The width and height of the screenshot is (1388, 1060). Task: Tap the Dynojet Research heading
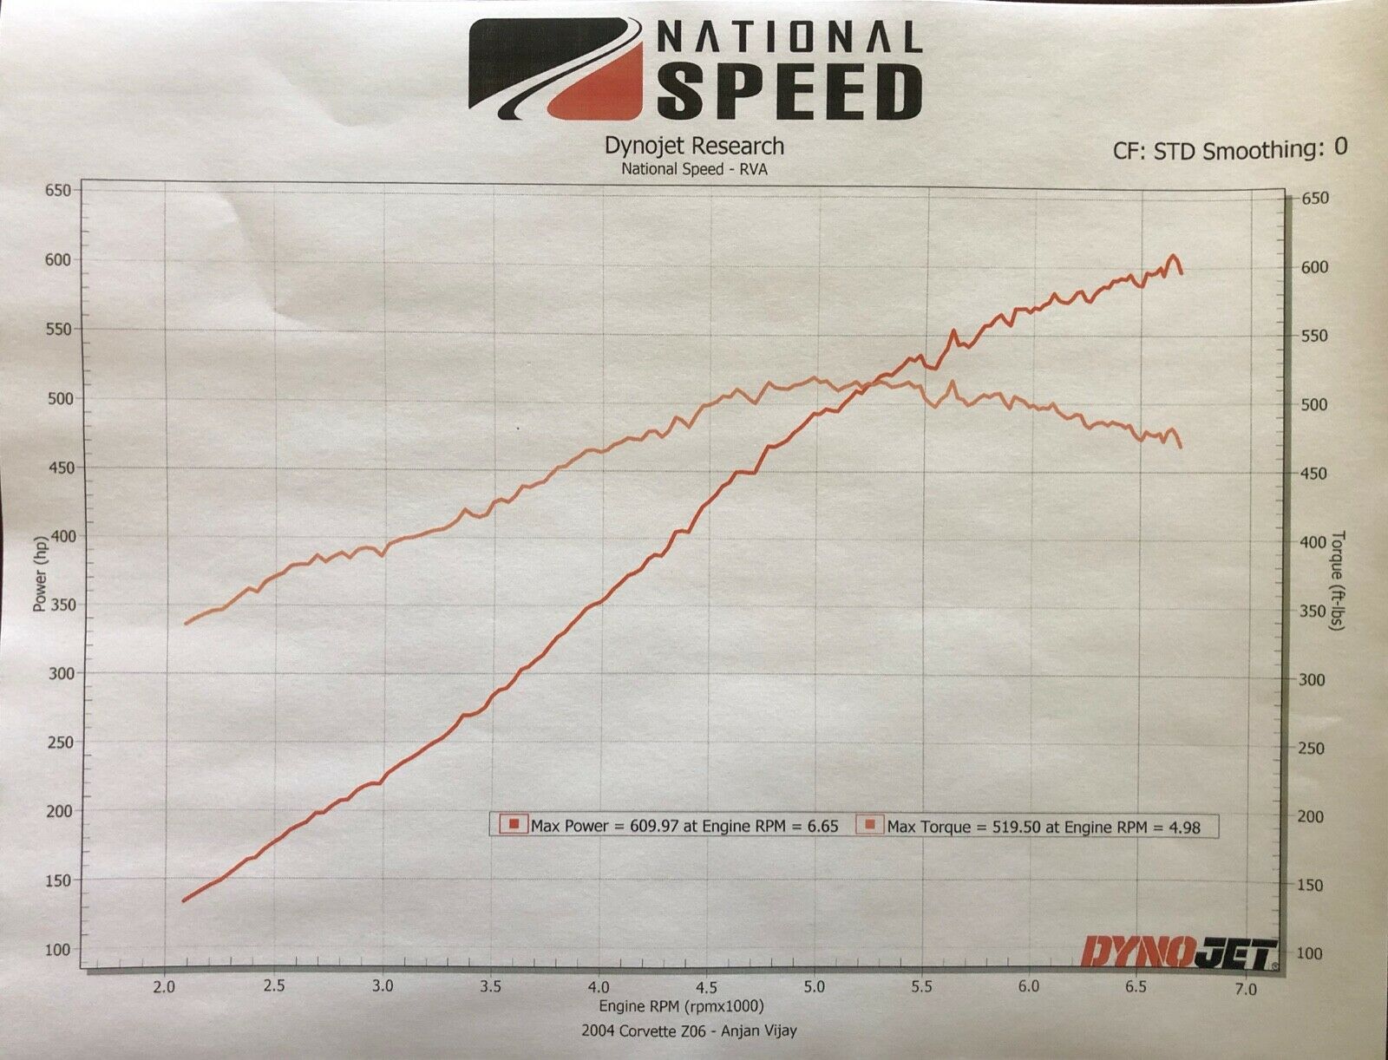(x=693, y=147)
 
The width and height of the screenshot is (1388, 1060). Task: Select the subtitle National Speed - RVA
(x=693, y=168)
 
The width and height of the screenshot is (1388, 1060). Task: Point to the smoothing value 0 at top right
(x=1340, y=147)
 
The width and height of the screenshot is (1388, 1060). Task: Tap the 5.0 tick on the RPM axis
(x=814, y=987)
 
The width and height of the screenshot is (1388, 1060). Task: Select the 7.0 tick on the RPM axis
(x=1245, y=988)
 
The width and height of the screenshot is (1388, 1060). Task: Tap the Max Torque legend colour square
(x=870, y=825)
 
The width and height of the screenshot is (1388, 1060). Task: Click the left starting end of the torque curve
(x=184, y=624)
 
